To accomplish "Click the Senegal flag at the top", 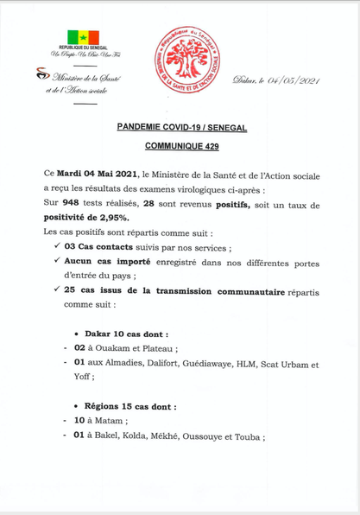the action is [x=79, y=35].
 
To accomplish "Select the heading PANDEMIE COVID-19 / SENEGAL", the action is [x=182, y=127].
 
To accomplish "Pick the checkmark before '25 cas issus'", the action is [x=56, y=290].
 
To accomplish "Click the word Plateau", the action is [x=156, y=348].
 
